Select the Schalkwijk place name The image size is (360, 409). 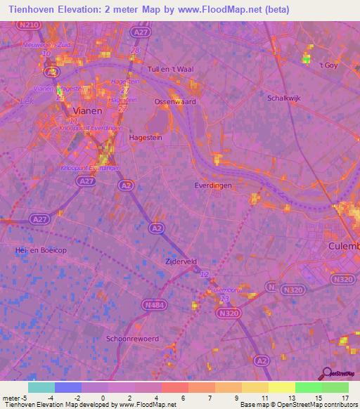(x=284, y=98)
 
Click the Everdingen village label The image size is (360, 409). (x=214, y=185)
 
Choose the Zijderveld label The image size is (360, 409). (x=181, y=260)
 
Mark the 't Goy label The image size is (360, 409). (x=329, y=65)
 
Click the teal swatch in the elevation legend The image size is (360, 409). (x=41, y=387)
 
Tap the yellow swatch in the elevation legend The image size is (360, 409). (x=281, y=387)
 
